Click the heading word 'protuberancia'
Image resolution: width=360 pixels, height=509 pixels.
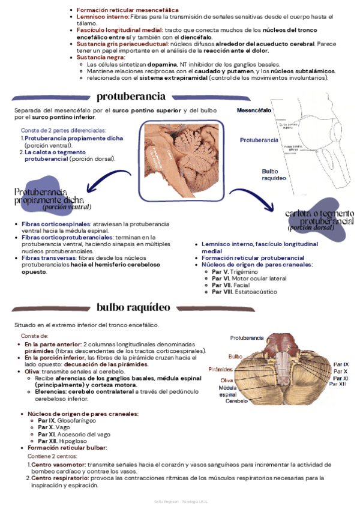[x=131, y=96]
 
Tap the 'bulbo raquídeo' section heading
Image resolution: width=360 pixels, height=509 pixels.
[x=133, y=307]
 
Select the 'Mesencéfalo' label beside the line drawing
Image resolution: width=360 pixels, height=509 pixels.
[x=254, y=110]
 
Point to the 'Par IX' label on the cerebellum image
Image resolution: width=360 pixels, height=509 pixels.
[x=341, y=364]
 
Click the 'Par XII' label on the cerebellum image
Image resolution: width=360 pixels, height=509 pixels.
[x=339, y=384]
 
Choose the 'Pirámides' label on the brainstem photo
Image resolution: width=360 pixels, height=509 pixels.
[x=221, y=369]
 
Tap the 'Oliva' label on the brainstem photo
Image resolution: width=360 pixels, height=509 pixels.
[x=227, y=381]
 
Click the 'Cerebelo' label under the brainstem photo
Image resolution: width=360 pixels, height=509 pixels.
[x=237, y=401]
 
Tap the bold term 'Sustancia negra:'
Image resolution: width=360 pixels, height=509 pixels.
[x=101, y=57]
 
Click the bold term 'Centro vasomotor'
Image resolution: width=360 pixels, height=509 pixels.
[x=58, y=465]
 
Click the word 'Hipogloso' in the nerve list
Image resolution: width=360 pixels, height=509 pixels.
[x=73, y=441]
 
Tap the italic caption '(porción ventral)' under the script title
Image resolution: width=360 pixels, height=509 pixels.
[x=66, y=206]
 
